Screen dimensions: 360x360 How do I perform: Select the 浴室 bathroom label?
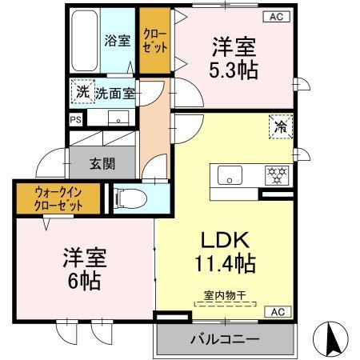118,41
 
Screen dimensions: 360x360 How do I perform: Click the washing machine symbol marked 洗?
82,92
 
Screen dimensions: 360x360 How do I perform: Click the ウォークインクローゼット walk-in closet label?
57,198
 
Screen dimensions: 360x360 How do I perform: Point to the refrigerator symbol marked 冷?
281,127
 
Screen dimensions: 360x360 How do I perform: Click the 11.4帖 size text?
226,264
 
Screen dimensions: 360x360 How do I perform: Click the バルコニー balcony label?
224,339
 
